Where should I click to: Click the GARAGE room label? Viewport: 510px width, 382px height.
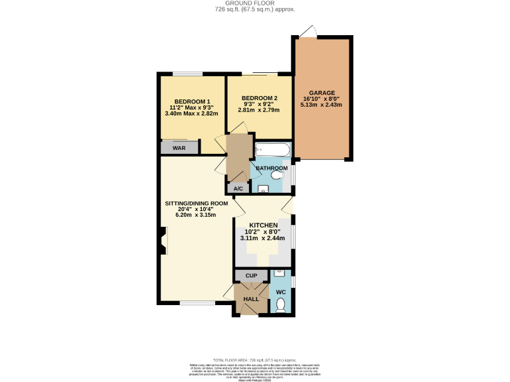click(x=322, y=93)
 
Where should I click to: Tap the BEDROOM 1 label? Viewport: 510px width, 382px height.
click(x=187, y=101)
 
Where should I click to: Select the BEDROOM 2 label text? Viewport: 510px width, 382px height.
click(x=260, y=98)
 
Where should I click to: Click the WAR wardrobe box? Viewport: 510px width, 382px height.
click(x=179, y=148)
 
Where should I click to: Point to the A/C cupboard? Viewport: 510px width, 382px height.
click(x=238, y=189)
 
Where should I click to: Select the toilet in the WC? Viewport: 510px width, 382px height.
click(x=280, y=304)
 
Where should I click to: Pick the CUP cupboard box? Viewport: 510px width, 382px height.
click(x=251, y=275)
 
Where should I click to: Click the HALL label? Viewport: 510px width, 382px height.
click(x=251, y=299)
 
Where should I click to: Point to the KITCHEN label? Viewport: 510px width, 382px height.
click(x=263, y=225)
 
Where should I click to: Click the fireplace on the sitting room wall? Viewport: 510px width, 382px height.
click(x=163, y=240)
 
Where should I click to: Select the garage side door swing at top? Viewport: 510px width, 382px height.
click(x=307, y=31)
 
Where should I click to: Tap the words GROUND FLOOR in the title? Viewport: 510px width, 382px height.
click(x=254, y=3)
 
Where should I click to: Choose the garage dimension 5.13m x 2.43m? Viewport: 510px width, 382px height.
click(x=322, y=105)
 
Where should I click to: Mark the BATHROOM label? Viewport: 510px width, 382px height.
click(x=272, y=168)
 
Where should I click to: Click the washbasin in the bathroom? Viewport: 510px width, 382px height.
click(x=262, y=189)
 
